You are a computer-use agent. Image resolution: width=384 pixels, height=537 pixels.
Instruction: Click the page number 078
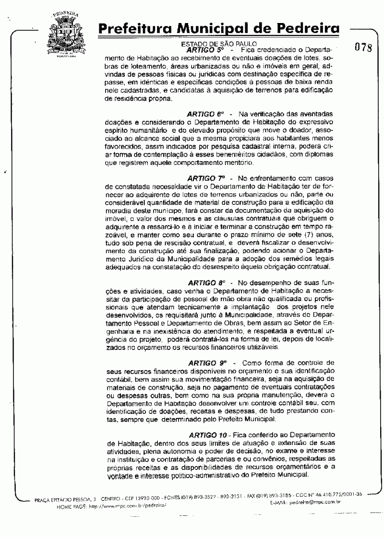pos(364,48)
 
